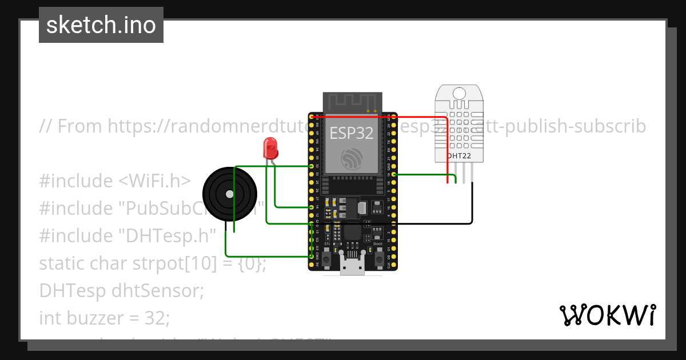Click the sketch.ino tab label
pyautogui.click(x=101, y=25)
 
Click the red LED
pyautogui.click(x=270, y=148)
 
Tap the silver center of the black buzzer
pyautogui.click(x=229, y=194)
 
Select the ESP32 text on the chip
pyautogui.click(x=352, y=133)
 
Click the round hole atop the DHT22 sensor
pyautogui.click(x=458, y=93)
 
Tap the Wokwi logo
pyautogui.click(x=607, y=315)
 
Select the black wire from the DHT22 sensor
pyautogui.click(x=472, y=206)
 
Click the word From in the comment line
pyautogui.click(x=80, y=126)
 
